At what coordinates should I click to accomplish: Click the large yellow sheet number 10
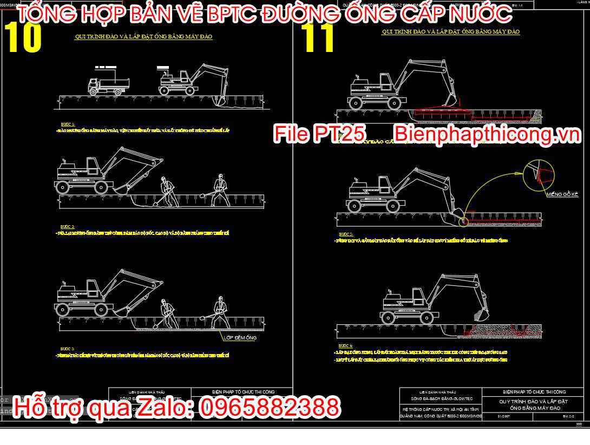(x=23, y=37)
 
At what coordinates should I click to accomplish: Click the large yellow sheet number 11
(x=320, y=38)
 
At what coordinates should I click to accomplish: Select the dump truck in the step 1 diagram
(x=110, y=84)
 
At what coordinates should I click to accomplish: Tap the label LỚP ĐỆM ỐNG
(x=240, y=337)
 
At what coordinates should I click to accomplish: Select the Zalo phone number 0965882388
(x=270, y=407)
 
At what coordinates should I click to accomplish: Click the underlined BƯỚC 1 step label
(x=68, y=124)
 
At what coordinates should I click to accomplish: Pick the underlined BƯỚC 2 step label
(x=68, y=226)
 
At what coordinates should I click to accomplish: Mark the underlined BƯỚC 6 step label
(x=345, y=345)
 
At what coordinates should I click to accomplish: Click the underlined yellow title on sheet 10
(x=143, y=37)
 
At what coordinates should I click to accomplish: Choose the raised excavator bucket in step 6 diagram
(x=480, y=313)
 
